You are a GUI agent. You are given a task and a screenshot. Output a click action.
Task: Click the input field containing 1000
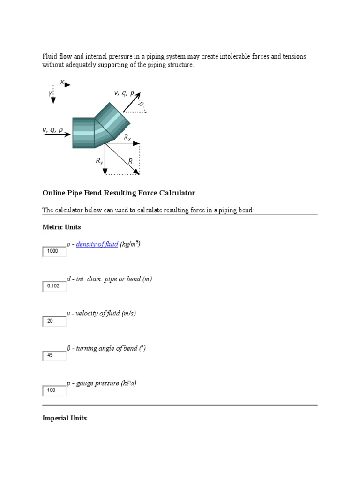[x=54, y=252]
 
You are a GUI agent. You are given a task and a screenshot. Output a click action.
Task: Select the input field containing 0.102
[x=54, y=286]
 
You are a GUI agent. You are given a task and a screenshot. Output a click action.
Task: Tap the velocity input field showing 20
[x=54, y=321]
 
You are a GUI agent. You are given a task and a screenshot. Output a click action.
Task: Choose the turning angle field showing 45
[x=54, y=356]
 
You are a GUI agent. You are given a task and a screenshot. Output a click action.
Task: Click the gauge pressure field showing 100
[x=54, y=390]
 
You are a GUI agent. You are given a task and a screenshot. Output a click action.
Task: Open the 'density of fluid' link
[x=97, y=244]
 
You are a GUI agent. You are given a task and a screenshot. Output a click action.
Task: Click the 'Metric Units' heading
[x=61, y=227]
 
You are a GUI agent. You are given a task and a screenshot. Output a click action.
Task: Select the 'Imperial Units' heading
[x=64, y=418]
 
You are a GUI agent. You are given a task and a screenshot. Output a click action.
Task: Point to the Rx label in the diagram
[x=127, y=137]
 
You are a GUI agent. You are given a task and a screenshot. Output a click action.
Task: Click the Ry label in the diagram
[x=99, y=161]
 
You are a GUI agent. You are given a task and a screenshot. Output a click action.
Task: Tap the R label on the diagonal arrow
[x=131, y=161]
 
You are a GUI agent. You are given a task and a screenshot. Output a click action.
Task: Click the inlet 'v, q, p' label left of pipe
[x=52, y=130]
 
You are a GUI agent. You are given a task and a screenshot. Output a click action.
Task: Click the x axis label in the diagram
[x=62, y=82]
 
